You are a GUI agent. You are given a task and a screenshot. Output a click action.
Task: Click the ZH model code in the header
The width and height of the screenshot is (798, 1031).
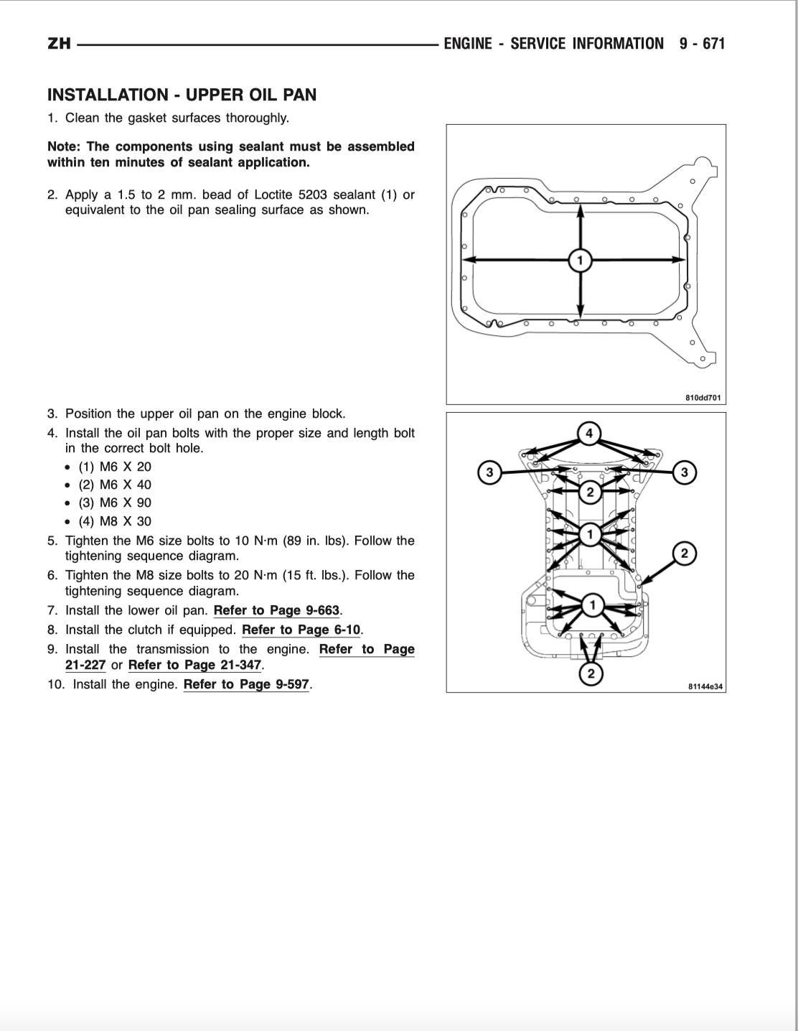click(x=59, y=44)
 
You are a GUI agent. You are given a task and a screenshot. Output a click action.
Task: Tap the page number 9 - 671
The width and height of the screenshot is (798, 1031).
click(x=703, y=44)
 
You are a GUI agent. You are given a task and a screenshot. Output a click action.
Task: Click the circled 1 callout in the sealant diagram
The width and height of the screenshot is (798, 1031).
click(x=580, y=260)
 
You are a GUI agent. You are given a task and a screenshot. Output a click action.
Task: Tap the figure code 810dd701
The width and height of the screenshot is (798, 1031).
click(x=703, y=397)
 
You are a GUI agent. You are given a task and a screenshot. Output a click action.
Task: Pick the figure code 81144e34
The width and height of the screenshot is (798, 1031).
click(x=705, y=686)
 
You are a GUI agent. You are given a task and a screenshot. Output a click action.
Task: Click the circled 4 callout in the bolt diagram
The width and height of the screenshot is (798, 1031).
click(x=589, y=433)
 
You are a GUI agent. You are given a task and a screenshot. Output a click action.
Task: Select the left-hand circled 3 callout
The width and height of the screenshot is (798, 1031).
click(x=489, y=472)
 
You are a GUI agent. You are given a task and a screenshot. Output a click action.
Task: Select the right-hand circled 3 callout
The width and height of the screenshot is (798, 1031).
click(x=684, y=472)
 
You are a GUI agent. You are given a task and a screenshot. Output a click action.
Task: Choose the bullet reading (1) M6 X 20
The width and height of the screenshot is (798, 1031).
click(x=115, y=466)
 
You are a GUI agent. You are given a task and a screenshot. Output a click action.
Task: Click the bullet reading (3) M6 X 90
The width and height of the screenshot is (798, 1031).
click(x=115, y=503)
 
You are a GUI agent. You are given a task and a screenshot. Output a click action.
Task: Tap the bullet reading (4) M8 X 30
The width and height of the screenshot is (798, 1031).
click(x=115, y=521)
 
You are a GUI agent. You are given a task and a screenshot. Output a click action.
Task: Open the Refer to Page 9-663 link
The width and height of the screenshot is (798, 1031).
click(x=276, y=611)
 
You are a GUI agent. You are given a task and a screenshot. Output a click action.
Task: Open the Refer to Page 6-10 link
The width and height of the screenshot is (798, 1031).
click(x=301, y=630)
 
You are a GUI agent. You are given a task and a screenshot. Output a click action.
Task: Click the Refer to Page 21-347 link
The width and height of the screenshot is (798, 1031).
click(x=194, y=666)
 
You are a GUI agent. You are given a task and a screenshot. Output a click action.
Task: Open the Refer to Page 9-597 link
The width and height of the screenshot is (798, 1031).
click(x=246, y=685)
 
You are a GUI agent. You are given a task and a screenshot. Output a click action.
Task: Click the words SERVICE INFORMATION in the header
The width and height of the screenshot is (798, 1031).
click(x=587, y=44)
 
